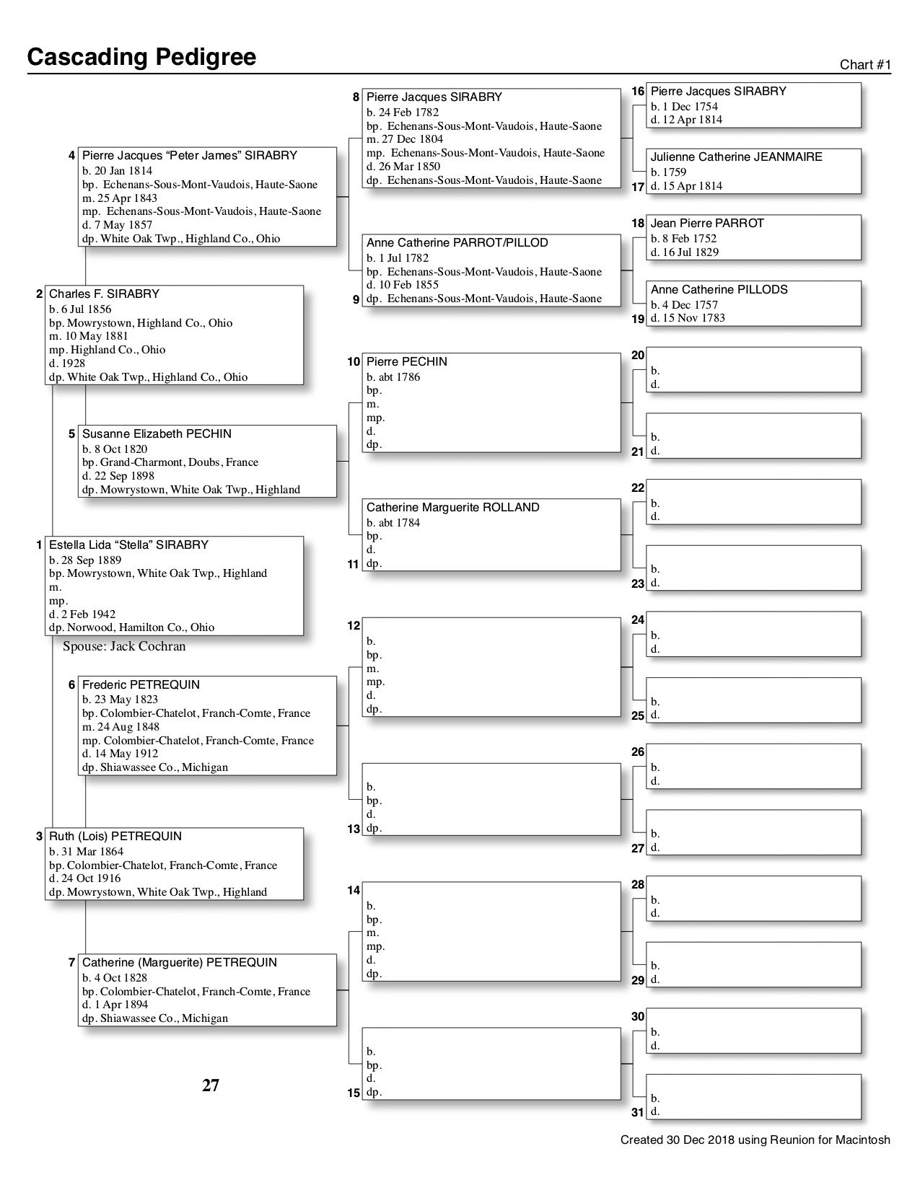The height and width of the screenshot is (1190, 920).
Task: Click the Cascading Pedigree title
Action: pos(141,57)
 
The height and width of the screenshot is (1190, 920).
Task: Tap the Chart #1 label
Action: pos(865,65)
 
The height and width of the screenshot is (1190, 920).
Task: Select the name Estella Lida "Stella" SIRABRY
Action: pos(128,545)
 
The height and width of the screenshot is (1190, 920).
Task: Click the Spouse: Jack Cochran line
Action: pos(124,646)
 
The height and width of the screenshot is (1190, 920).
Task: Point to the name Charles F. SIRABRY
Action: pos(104,294)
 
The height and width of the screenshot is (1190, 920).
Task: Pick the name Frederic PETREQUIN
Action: pos(141,684)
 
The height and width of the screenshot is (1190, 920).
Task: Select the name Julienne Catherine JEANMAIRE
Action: pos(736,157)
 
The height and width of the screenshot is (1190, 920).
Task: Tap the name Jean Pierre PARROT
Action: pos(706,223)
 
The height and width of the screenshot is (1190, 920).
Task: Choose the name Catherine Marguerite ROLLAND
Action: pos(452,507)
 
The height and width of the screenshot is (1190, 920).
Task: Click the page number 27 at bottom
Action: pos(211,1085)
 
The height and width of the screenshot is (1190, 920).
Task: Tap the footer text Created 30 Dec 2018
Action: pos(755,1140)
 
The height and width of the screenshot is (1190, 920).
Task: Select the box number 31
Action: pos(637,1112)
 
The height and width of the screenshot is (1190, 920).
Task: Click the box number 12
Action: pos(354,625)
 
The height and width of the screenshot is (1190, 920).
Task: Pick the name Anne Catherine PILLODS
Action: pos(719,289)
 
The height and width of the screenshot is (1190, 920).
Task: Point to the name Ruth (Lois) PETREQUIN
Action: pos(115,836)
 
